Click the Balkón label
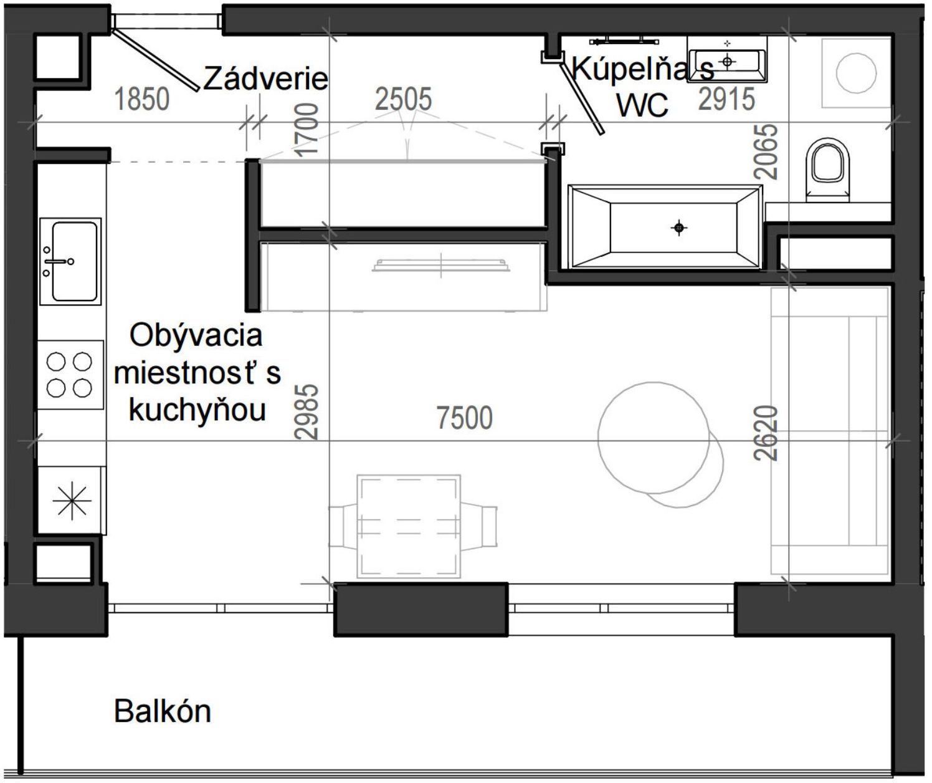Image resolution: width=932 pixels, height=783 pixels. pyautogui.click(x=163, y=711)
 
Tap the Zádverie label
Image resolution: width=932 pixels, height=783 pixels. pyautogui.click(x=265, y=79)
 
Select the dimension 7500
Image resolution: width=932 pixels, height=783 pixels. pyautogui.click(x=465, y=418)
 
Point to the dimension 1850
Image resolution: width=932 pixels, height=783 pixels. pyautogui.click(x=142, y=99)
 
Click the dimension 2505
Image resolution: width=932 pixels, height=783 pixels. pyautogui.click(x=404, y=99)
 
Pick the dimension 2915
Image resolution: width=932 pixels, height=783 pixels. pyautogui.click(x=726, y=99)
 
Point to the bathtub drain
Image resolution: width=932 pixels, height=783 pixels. pyautogui.click(x=679, y=228)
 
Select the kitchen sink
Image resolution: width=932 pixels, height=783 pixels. pyautogui.click(x=70, y=261)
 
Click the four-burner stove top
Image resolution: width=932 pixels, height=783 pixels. pyautogui.click(x=70, y=375)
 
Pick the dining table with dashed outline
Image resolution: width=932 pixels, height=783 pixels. pyautogui.click(x=409, y=526)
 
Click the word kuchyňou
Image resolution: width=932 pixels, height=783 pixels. pyautogui.click(x=197, y=410)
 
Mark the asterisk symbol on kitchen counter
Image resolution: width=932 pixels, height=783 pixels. pyautogui.click(x=72, y=501)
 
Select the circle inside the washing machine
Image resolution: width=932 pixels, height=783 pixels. pyautogui.click(x=856, y=73)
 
